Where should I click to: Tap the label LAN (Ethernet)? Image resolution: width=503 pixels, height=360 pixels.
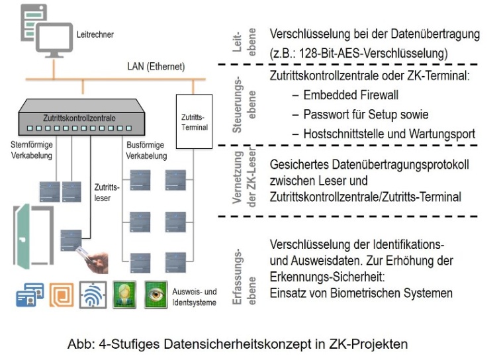[156, 67]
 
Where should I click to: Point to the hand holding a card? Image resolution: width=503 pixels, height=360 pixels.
[101, 259]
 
